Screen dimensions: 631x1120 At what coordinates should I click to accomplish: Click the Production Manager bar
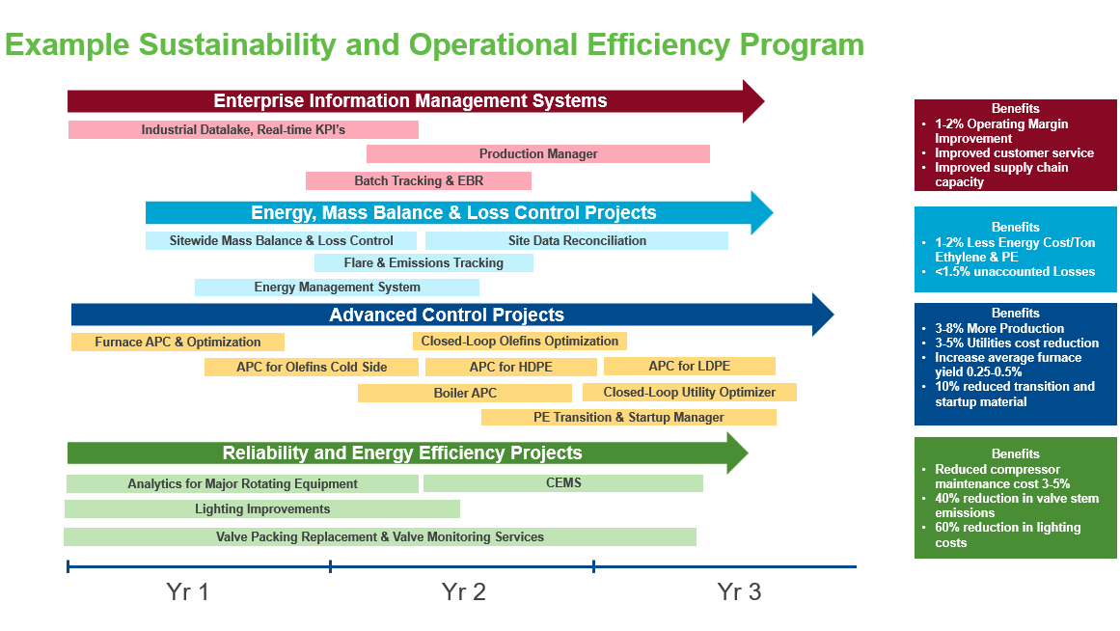tap(538, 154)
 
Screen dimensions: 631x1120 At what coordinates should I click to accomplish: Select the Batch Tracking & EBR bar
tap(419, 181)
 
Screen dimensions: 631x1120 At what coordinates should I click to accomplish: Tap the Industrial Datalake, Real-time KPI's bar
tap(243, 129)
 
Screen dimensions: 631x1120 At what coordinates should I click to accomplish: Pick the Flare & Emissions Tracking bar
tap(423, 263)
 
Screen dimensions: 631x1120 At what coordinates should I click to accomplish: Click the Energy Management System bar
tap(337, 288)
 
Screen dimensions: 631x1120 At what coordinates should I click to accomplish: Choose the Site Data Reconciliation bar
tap(577, 241)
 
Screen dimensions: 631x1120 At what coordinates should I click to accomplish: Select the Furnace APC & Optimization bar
tap(178, 343)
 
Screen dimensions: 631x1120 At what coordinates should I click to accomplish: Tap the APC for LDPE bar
tap(689, 367)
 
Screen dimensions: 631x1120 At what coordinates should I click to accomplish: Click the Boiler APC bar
tap(465, 394)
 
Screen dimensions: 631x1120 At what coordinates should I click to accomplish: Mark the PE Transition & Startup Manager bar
tap(628, 418)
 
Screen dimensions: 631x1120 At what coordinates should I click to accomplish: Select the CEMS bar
tap(563, 483)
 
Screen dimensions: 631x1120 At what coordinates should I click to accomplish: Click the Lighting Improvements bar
tap(262, 509)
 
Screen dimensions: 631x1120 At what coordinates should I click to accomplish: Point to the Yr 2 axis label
tap(463, 591)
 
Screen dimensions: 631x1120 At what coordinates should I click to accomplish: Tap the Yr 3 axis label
tap(739, 591)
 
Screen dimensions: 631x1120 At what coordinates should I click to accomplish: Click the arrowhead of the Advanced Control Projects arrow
tap(821, 315)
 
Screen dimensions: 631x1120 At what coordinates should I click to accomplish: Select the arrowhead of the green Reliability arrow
tap(736, 453)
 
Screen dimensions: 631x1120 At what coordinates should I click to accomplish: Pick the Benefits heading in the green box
tap(1016, 454)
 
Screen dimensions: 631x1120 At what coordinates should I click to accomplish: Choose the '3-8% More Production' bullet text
tap(999, 329)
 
